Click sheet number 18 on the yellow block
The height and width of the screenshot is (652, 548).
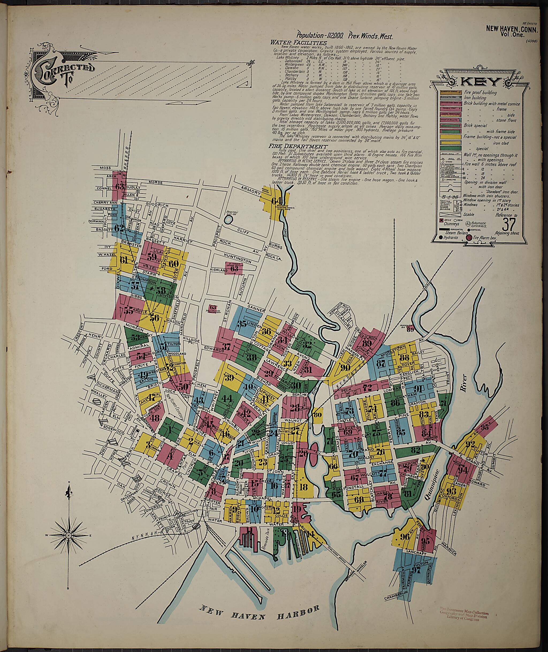(x=304, y=495)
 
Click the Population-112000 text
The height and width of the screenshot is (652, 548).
(x=320, y=36)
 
